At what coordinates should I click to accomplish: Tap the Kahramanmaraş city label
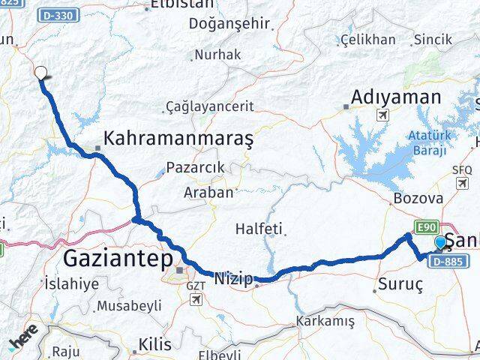179,139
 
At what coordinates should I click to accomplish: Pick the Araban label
208,193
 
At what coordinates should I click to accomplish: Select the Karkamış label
325,321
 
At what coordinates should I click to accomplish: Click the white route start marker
41,73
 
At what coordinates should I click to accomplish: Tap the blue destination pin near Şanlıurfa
440,243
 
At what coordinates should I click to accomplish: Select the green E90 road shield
426,227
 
